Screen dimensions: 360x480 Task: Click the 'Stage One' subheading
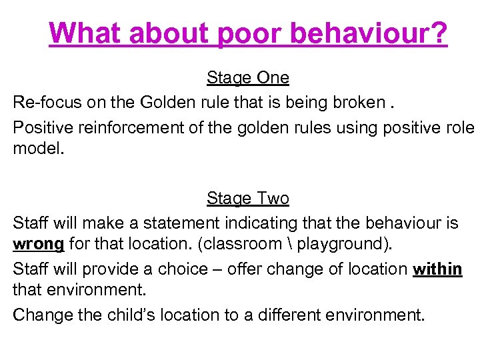tap(248, 78)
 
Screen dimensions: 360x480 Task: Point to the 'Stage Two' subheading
tap(248, 199)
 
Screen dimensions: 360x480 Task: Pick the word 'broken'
tap(358, 103)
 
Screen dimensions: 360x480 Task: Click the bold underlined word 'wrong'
tap(39, 244)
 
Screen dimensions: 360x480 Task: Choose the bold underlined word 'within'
tap(437, 269)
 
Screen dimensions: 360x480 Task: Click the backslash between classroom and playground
tap(288, 245)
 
